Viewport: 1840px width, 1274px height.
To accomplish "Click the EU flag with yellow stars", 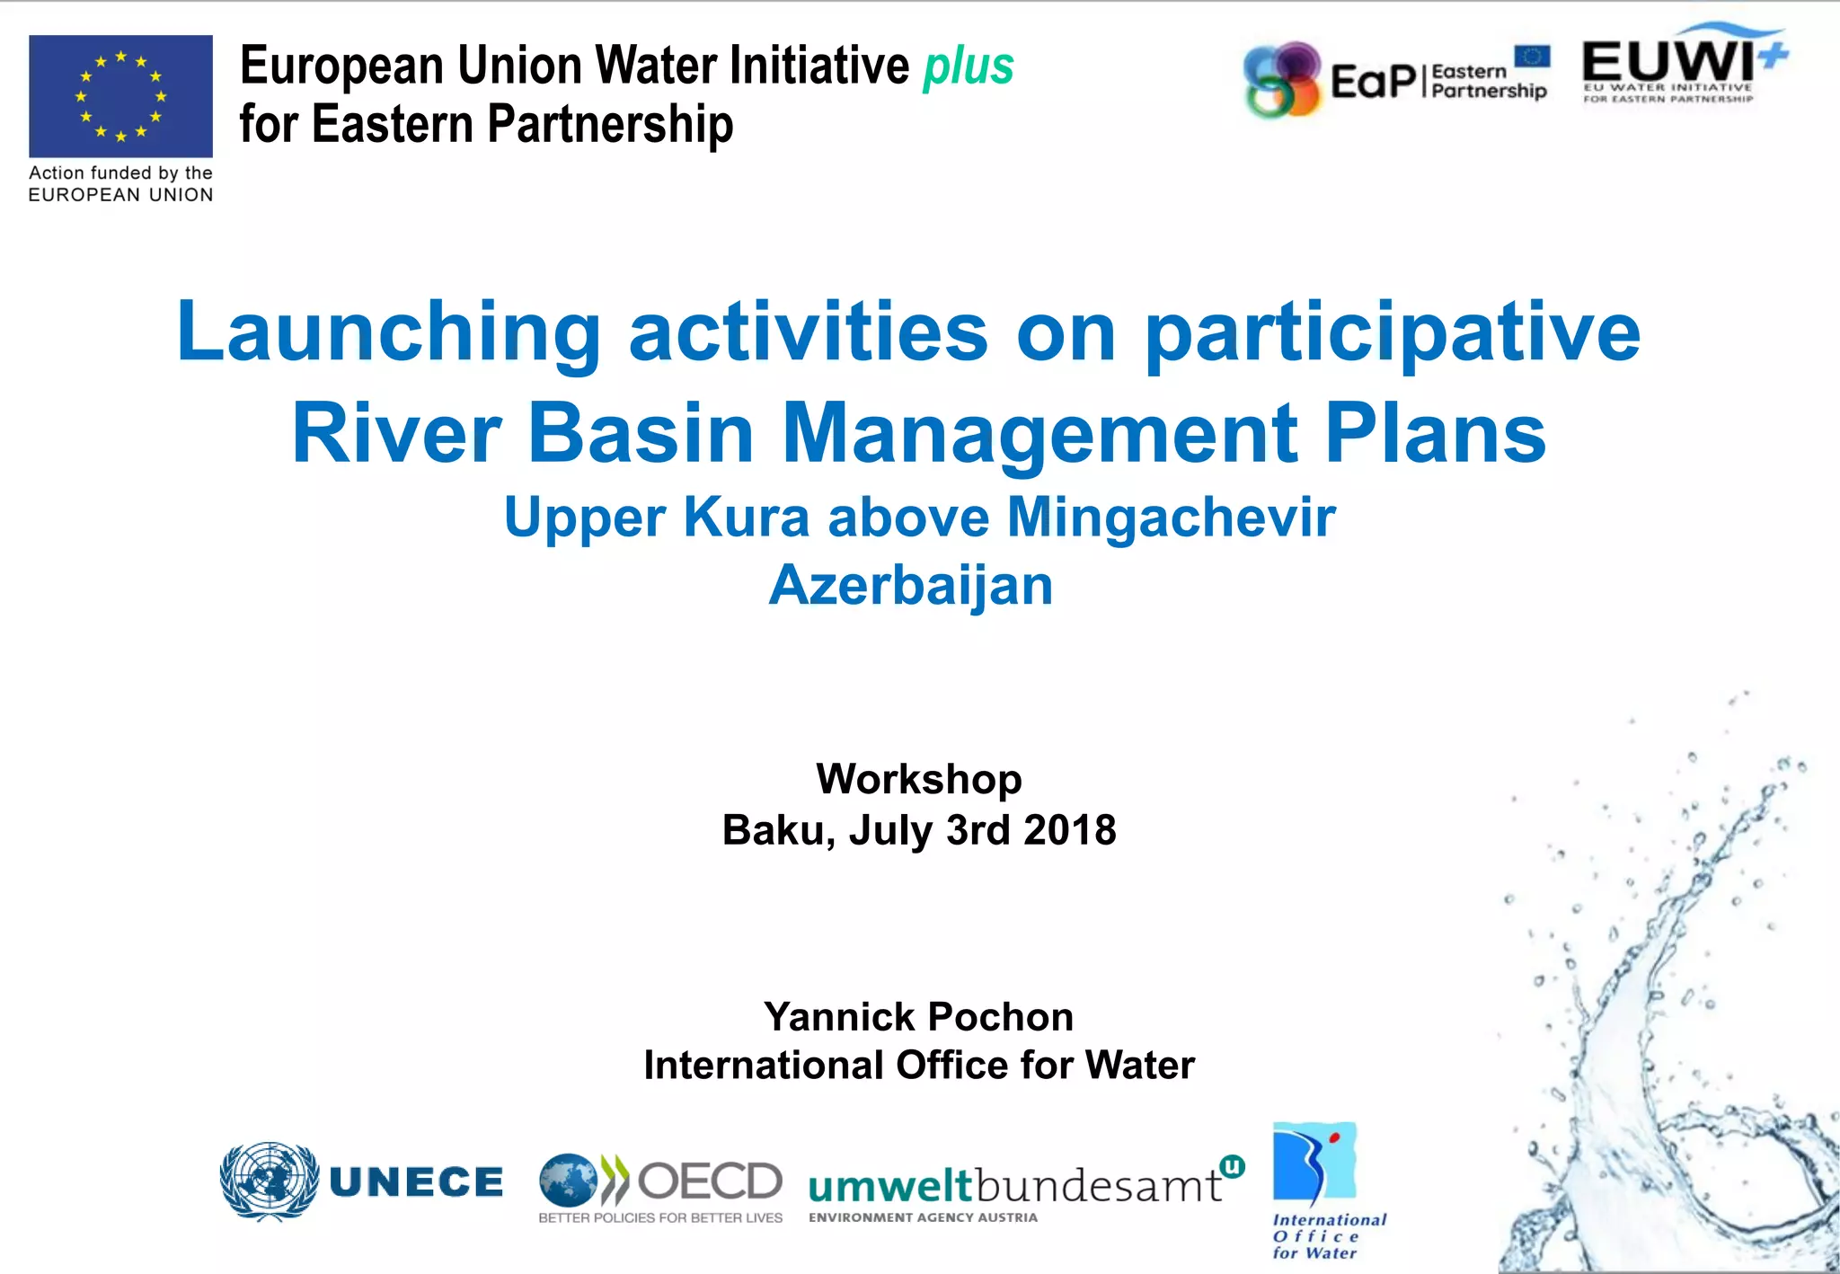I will coord(120,96).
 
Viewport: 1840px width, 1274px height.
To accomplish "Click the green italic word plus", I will coord(969,66).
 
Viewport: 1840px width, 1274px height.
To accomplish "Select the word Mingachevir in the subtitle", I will coord(1171,518).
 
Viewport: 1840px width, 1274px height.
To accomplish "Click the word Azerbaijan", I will coord(910,585).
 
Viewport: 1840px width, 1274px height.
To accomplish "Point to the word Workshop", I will coord(918,778).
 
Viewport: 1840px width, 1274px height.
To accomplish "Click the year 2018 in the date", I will coord(1069,829).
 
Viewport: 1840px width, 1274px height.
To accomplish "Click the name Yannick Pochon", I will coord(918,1016).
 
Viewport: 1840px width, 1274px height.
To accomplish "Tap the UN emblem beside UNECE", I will coord(269,1181).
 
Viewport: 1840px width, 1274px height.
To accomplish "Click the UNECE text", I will coord(416,1182).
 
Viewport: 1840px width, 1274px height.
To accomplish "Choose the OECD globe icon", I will coord(568,1180).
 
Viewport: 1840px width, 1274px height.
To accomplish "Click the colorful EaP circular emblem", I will coord(1282,80).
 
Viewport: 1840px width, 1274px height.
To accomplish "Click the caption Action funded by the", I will coord(120,173).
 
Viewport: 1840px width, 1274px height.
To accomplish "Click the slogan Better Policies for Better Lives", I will coord(659,1218).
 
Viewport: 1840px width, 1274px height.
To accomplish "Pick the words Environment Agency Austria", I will coord(923,1218).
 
